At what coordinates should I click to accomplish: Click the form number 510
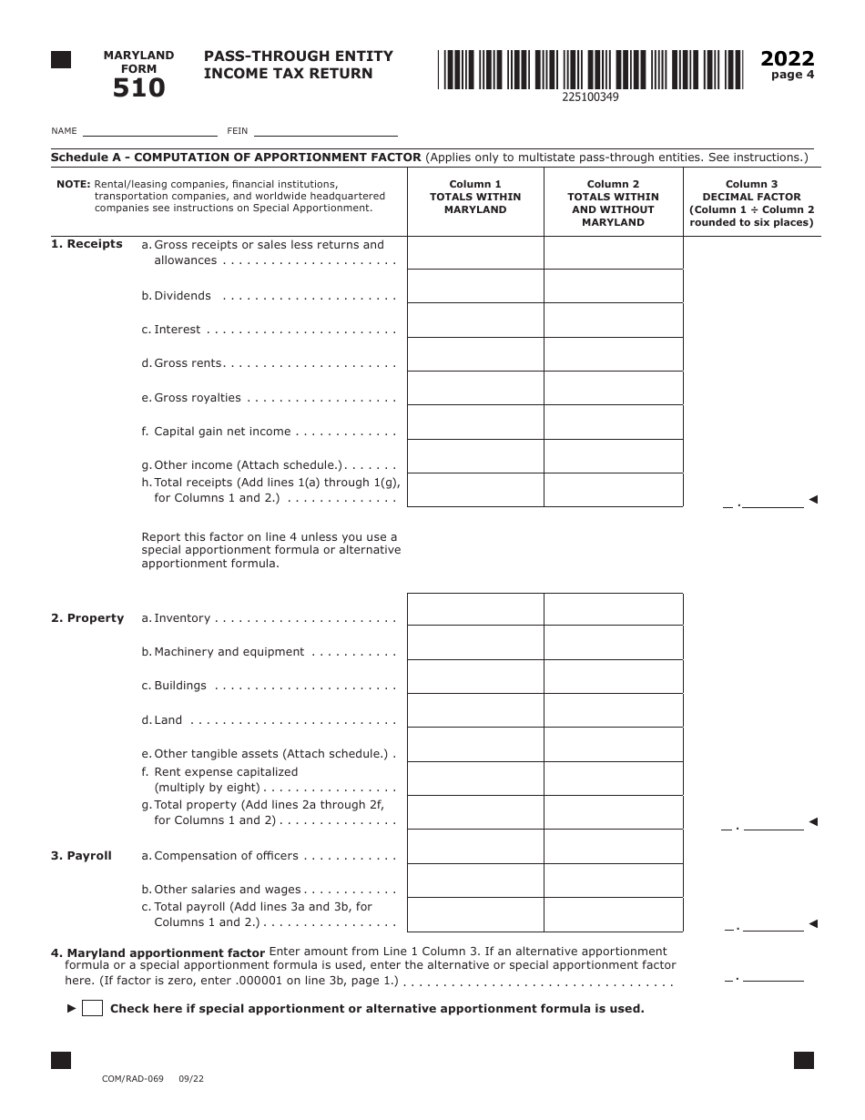pos(138,88)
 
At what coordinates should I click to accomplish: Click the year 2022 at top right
pos(787,59)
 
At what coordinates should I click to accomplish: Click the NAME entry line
pos(149,129)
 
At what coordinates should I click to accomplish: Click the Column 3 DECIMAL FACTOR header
pos(751,203)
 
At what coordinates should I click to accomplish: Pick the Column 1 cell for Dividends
pos(475,286)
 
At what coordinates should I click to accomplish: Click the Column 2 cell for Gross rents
pos(613,354)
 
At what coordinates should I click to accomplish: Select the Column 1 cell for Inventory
pos(475,609)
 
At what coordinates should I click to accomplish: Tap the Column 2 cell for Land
pos(613,711)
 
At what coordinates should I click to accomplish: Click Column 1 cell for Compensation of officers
pos(475,847)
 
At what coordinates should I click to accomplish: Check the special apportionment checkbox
pos(92,1008)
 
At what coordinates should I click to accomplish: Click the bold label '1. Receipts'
pos(86,244)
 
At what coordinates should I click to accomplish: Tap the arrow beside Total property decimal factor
pos(813,821)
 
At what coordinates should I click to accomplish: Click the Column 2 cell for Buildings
pos(613,677)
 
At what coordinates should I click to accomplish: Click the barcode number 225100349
pos(590,97)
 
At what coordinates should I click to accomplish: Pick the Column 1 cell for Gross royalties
pos(475,388)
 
